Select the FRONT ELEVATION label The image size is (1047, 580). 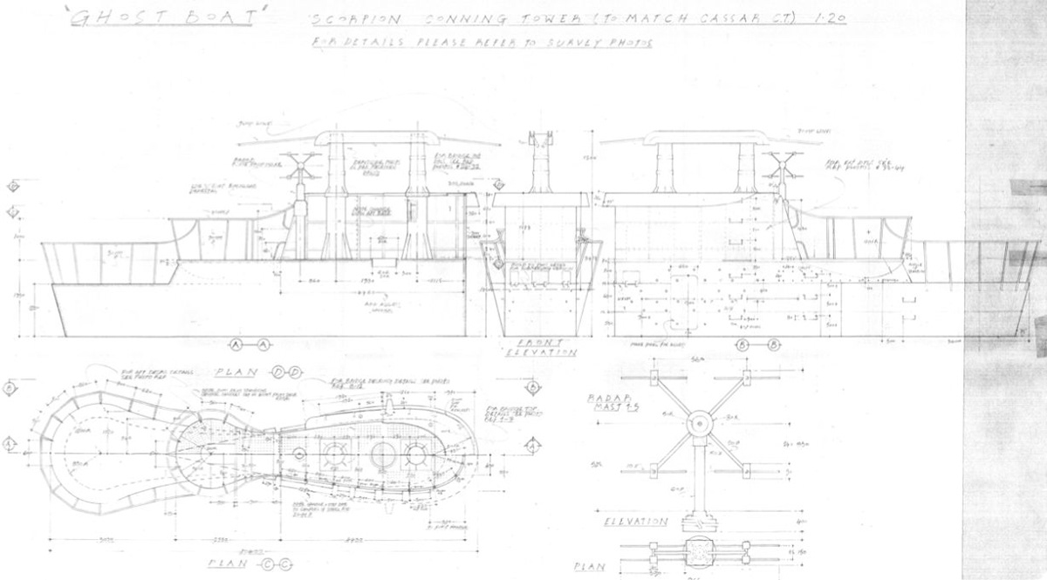coord(540,347)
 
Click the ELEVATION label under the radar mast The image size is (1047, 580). coord(636,522)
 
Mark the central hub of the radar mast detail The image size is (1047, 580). coord(699,424)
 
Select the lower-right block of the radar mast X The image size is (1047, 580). coord(746,472)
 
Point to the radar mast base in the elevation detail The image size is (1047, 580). coord(698,521)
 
